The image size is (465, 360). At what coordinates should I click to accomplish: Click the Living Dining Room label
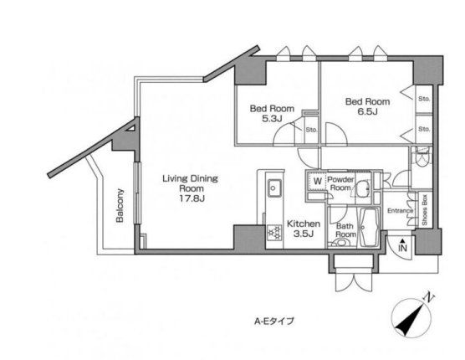pos(190,183)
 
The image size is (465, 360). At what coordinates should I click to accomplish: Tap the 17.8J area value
pos(192,198)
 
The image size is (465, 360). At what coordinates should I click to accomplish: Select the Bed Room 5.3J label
pos(272,113)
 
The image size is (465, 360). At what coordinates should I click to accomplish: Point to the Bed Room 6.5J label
pos(367,106)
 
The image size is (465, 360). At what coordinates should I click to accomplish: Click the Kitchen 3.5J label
pos(304,229)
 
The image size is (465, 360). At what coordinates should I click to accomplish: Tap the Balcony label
pos(120,205)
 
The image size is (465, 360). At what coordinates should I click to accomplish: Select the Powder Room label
pos(340,183)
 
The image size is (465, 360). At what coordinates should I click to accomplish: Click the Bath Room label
pos(345,230)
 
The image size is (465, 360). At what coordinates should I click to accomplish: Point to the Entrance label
pos(401,211)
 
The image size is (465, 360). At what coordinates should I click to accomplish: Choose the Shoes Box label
pos(425,210)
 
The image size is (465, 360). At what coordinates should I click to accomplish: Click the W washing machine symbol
pos(317,181)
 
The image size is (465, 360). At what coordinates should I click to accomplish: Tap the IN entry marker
pos(402,246)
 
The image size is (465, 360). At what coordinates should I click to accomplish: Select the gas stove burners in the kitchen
pos(274,233)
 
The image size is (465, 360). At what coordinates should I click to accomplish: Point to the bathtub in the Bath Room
pos(369,227)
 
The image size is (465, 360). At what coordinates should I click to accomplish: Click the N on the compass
pos(428,296)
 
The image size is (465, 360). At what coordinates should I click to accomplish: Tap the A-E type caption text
pos(274,321)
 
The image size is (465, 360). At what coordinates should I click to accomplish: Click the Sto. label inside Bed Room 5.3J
pos(311,130)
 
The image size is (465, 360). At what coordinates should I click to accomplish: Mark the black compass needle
pos(410,319)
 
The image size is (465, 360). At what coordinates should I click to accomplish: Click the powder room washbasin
pos(363,188)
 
